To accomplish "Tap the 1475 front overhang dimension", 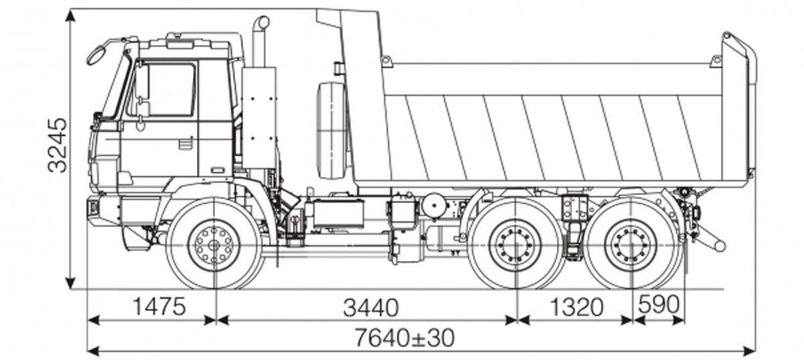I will coord(157,307).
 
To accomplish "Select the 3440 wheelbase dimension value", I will coord(371,307).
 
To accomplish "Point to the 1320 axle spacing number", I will coord(577,307).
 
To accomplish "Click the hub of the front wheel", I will coord(214,243).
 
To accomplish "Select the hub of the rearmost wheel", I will coord(630,244).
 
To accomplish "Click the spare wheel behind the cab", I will coord(331,131).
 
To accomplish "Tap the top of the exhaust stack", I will coord(261,23).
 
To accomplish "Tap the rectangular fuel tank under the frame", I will coord(337,214).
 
